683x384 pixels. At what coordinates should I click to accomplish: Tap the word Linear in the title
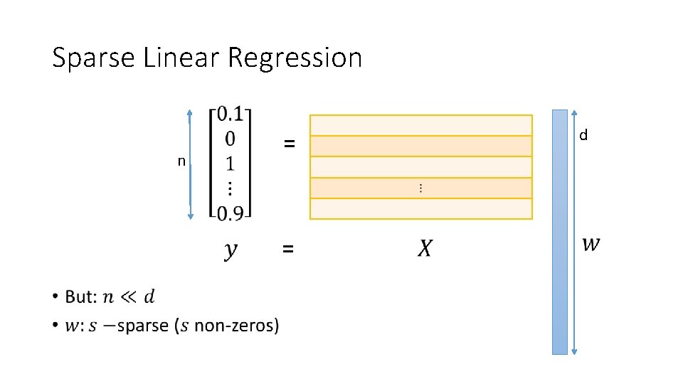tap(181, 57)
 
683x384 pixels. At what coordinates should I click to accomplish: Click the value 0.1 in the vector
tap(231, 114)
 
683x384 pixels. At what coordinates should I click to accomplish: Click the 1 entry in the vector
tap(229, 163)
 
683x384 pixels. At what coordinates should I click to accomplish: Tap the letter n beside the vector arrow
tap(181, 161)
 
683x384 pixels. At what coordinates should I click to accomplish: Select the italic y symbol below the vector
tap(231, 250)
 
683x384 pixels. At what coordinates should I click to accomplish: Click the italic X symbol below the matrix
tap(424, 249)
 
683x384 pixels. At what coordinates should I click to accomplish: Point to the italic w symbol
tap(591, 244)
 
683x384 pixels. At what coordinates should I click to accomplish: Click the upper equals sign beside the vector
tap(288, 144)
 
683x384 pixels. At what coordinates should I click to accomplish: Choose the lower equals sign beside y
tap(287, 249)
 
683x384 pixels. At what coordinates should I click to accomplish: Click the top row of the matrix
tap(420, 125)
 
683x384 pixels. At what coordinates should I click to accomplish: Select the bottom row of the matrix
tap(420, 208)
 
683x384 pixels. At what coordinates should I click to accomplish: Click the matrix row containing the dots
tap(420, 188)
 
